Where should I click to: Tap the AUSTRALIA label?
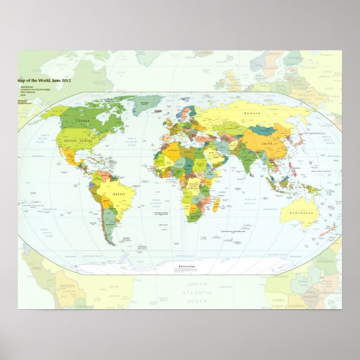click(x=302, y=214)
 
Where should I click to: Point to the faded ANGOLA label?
click(x=280, y=276)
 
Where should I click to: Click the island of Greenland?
click(x=146, y=104)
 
